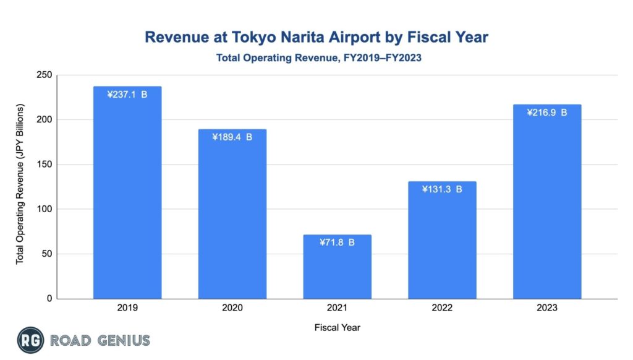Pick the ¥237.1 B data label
tap(127, 95)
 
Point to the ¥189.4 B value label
tap(232, 137)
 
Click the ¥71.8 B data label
tap(337, 242)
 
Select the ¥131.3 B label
tap(442, 189)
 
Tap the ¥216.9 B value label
tap(547, 113)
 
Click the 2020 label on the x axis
tap(232, 308)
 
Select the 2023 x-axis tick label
tap(547, 308)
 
